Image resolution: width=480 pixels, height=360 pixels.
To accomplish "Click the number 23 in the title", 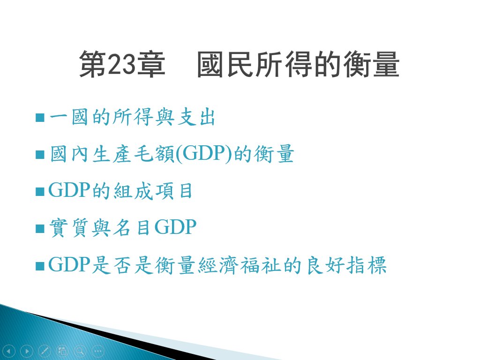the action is [x=121, y=64].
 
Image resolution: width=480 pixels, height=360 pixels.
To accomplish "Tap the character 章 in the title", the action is [x=151, y=64].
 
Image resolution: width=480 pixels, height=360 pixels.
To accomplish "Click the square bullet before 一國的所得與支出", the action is [x=40, y=117].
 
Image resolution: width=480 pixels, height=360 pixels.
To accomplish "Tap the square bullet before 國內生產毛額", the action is [x=40, y=154].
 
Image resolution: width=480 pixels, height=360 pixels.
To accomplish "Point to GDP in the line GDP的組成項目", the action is [x=69, y=190].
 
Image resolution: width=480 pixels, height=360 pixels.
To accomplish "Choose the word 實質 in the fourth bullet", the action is [x=69, y=227].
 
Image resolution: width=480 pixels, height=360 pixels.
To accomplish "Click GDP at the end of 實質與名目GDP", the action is [x=175, y=227].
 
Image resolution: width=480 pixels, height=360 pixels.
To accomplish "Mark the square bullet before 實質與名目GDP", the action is [x=40, y=228].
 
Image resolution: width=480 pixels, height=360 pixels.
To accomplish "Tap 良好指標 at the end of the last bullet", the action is [x=346, y=265].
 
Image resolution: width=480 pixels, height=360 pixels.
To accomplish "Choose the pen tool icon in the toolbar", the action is [x=45, y=351].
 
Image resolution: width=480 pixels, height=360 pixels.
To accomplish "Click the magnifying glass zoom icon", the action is [x=80, y=351].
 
